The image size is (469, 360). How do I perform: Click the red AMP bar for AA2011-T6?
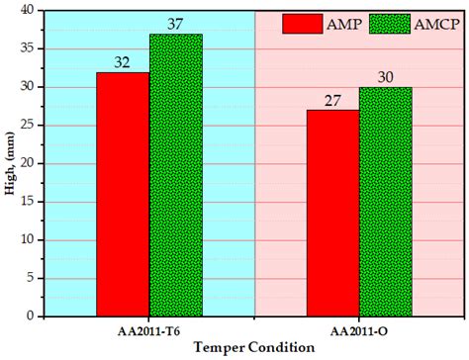pyautogui.click(x=124, y=194)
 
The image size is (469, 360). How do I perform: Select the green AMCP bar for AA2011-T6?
pyautogui.click(x=176, y=175)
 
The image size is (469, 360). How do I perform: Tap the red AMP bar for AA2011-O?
pyautogui.click(x=332, y=213)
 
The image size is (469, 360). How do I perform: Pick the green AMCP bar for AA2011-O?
pyautogui.click(x=385, y=202)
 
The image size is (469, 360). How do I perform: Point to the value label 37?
pyautogui.click(x=176, y=24)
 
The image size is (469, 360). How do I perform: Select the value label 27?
pyautogui.click(x=332, y=100)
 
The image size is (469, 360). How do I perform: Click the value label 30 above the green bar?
pyautogui.click(x=385, y=77)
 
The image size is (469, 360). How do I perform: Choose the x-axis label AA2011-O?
pyautogui.click(x=359, y=330)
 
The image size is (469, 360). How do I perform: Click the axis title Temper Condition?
pyautogui.click(x=255, y=348)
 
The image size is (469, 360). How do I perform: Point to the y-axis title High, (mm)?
pyautogui.click(x=11, y=163)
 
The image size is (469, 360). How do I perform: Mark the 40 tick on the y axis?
pyautogui.click(x=29, y=11)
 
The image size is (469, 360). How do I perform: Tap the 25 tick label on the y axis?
pyautogui.click(x=29, y=126)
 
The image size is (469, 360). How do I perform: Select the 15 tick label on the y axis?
pyautogui.click(x=29, y=202)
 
